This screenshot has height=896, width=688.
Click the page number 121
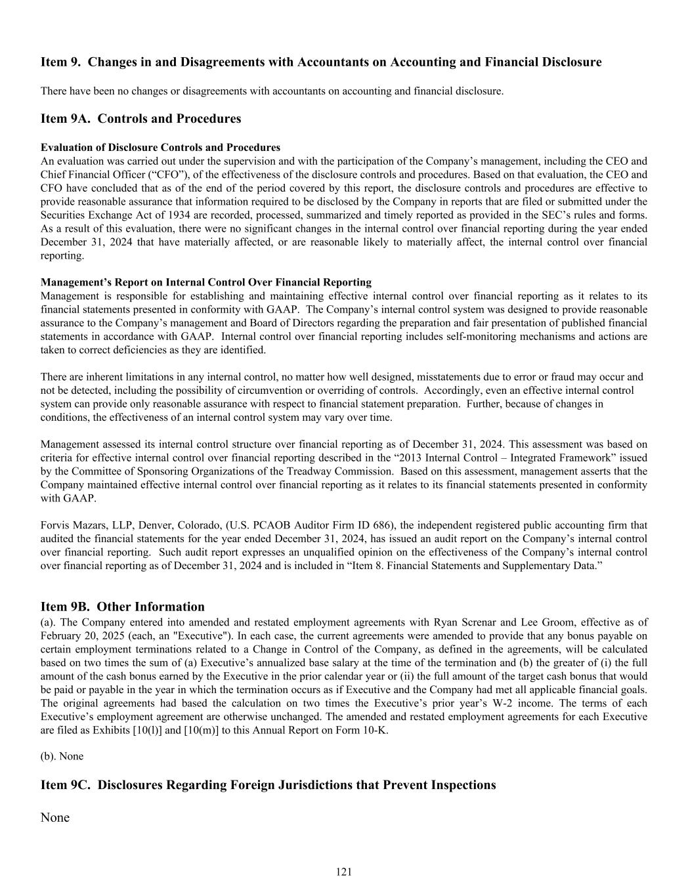click(x=344, y=872)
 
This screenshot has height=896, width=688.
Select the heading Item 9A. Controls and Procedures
click(x=140, y=119)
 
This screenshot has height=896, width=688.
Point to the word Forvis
click(x=55, y=525)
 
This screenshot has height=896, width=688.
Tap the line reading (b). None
click(x=62, y=756)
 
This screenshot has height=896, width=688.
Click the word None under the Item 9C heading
click(x=55, y=817)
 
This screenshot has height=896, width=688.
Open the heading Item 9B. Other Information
click(x=122, y=607)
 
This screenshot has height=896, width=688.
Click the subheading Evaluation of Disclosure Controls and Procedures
click(x=160, y=147)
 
